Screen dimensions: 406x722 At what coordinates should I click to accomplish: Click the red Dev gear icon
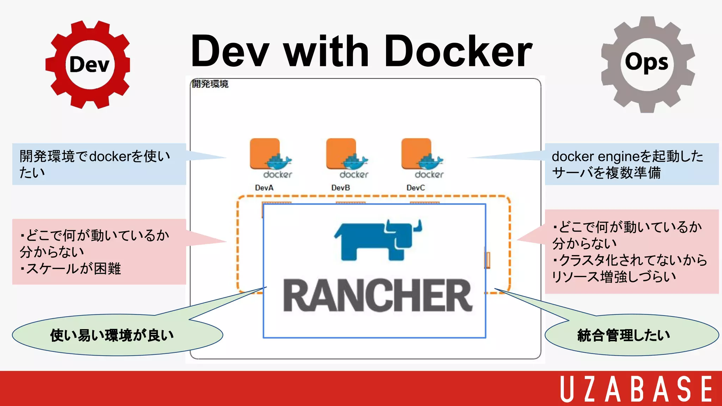click(x=88, y=64)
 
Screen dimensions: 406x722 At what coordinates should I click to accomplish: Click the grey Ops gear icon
click(x=647, y=64)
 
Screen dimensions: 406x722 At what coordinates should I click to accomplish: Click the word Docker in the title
click(x=458, y=51)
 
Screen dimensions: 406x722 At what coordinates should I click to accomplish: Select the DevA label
click(x=264, y=188)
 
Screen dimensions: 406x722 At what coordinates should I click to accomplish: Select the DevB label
click(x=341, y=188)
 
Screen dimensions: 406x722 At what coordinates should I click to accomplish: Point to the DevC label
click(x=416, y=188)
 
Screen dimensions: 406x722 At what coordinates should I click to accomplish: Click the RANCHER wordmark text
click(x=377, y=295)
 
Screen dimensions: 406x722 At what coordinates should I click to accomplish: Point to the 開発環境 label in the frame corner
click(x=210, y=84)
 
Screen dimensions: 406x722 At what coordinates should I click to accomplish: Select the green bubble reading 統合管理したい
click(x=631, y=335)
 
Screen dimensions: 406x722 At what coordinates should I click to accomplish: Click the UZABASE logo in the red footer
click(x=636, y=389)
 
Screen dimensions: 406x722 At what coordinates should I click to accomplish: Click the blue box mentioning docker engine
click(x=631, y=164)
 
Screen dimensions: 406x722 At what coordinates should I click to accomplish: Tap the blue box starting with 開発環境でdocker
click(x=99, y=164)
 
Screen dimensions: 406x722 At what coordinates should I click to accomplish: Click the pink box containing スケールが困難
click(x=99, y=252)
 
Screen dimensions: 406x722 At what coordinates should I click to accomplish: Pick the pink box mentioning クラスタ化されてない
click(x=631, y=252)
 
